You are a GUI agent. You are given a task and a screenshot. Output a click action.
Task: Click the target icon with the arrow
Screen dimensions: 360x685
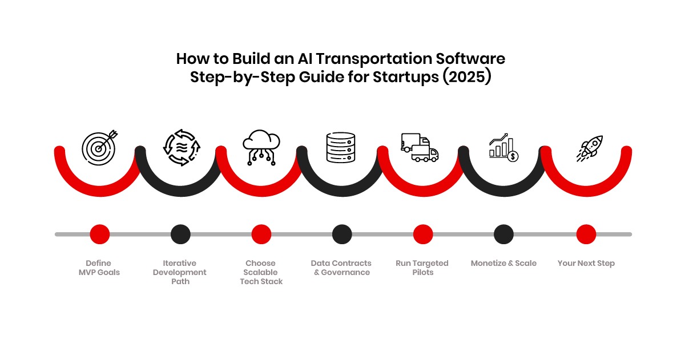pos(99,147)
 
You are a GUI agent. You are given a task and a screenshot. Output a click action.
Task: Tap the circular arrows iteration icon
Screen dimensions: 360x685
pos(180,148)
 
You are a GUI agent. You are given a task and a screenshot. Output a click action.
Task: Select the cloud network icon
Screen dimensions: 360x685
pos(261,148)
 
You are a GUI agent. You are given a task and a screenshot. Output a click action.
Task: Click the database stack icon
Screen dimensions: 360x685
pos(341,147)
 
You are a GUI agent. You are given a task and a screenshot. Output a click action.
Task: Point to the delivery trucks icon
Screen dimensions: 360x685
pos(420,148)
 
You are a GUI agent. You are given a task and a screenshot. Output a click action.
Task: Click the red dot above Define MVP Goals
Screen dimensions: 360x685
pos(99,234)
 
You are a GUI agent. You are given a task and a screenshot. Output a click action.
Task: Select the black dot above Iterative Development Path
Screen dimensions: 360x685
pos(180,234)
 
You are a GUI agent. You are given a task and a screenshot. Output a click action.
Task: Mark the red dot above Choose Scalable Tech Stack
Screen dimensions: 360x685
pos(261,234)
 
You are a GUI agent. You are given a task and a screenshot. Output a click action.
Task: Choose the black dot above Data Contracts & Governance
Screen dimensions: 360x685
pos(341,234)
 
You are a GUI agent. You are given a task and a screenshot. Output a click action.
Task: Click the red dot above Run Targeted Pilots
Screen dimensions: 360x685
pos(422,234)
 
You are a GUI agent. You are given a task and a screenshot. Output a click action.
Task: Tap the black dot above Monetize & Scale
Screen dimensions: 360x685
pos(503,234)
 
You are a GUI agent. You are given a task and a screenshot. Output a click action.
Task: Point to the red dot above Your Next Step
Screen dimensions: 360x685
pos(586,234)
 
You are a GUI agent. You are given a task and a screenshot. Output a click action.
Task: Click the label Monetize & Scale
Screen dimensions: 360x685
pos(503,264)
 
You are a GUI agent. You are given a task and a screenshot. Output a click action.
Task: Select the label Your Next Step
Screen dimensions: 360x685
pos(586,264)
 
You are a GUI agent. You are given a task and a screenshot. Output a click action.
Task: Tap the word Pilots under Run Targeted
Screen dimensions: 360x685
pos(422,273)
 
